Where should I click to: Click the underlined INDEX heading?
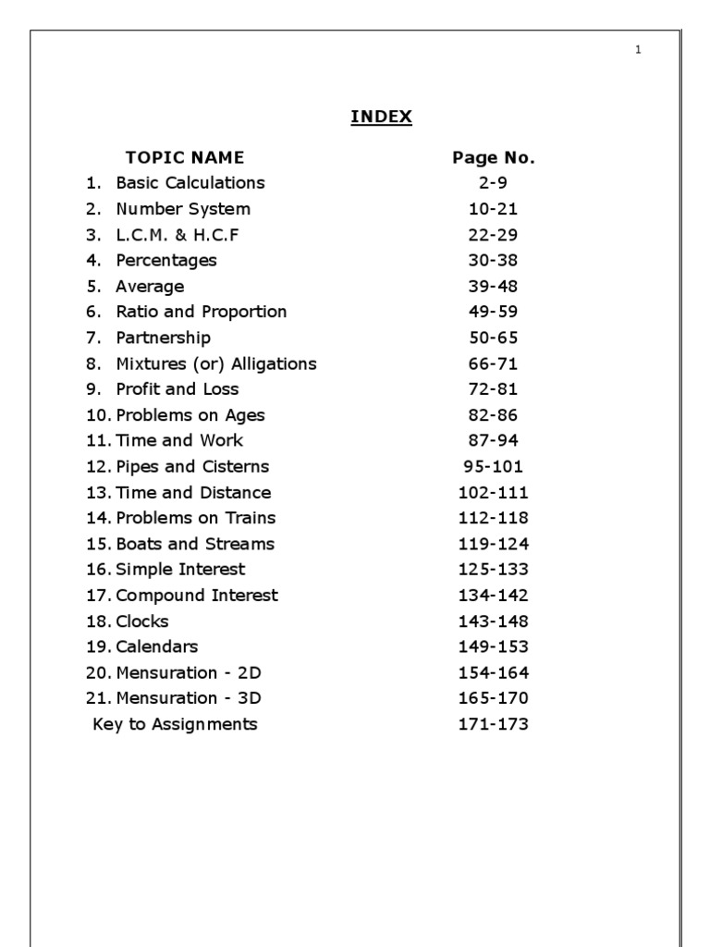[381, 117]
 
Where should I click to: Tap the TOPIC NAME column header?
[185, 157]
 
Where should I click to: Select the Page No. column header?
[494, 157]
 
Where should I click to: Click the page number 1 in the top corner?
[638, 50]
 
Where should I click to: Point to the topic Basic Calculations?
[190, 183]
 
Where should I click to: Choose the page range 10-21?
[494, 209]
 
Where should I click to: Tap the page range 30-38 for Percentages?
[494, 261]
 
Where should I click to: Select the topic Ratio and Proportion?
[201, 312]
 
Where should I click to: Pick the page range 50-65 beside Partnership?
[494, 338]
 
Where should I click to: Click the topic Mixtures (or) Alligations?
[215, 363]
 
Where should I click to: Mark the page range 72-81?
[494, 389]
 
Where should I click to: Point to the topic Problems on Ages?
[190, 415]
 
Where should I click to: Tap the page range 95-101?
[494, 466]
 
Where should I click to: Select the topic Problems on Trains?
[195, 518]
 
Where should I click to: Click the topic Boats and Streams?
[194, 544]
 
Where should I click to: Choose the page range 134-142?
[494, 596]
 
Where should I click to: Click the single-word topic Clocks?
[142, 621]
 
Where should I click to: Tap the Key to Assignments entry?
[175, 724]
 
